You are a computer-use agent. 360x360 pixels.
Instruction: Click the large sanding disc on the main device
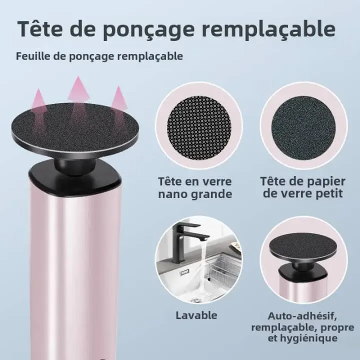[x=75, y=128]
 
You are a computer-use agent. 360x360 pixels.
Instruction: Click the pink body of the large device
[x=75, y=260]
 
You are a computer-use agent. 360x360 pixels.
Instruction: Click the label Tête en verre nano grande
[x=195, y=187]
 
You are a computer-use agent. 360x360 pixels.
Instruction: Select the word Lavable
[x=196, y=315]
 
